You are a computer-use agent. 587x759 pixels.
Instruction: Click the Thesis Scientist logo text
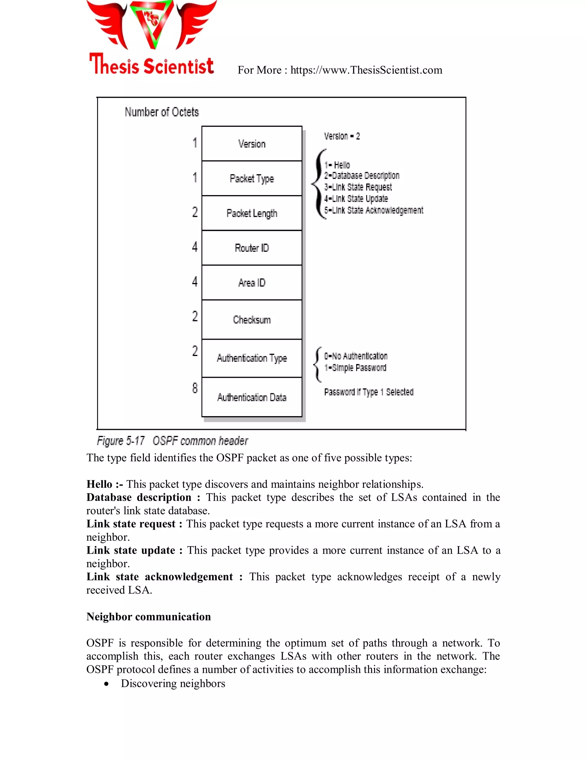[151, 65]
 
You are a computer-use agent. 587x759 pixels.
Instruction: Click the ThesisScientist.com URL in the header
[366, 70]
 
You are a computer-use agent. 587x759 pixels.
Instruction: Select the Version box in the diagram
[252, 143]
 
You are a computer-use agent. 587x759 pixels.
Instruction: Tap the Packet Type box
[252, 178]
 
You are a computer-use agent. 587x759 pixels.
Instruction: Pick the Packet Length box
[252, 213]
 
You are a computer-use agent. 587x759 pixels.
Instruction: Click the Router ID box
[252, 248]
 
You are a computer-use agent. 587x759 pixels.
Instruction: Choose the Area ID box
[252, 282]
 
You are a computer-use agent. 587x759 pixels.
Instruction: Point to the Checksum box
[252, 319]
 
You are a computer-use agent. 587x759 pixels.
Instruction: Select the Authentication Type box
[252, 358]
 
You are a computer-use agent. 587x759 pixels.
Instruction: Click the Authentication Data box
[252, 397]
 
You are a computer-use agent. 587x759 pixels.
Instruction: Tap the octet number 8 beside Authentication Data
[195, 388]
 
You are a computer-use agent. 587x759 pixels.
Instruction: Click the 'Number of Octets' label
[162, 112]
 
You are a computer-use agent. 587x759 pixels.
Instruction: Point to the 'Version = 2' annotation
[342, 136]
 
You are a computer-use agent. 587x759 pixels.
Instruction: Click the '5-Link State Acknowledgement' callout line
[373, 210]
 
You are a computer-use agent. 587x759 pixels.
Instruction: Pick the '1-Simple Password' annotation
[355, 368]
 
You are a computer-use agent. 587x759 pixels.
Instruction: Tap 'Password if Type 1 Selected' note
[369, 392]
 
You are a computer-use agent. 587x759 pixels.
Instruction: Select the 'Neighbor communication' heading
[148, 617]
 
